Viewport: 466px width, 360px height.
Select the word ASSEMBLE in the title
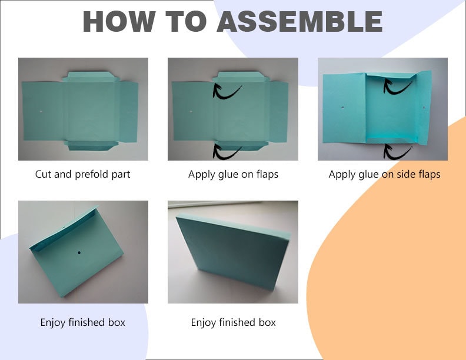299,22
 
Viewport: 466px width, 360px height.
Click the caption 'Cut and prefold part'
82,174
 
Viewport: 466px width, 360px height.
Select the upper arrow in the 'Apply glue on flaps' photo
227,91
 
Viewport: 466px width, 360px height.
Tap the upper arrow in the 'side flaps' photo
397,86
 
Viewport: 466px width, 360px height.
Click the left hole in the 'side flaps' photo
342,108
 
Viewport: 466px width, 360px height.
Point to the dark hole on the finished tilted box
79,253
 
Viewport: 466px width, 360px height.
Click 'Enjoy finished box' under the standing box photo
233,322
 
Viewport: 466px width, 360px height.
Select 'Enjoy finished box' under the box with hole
82,322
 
